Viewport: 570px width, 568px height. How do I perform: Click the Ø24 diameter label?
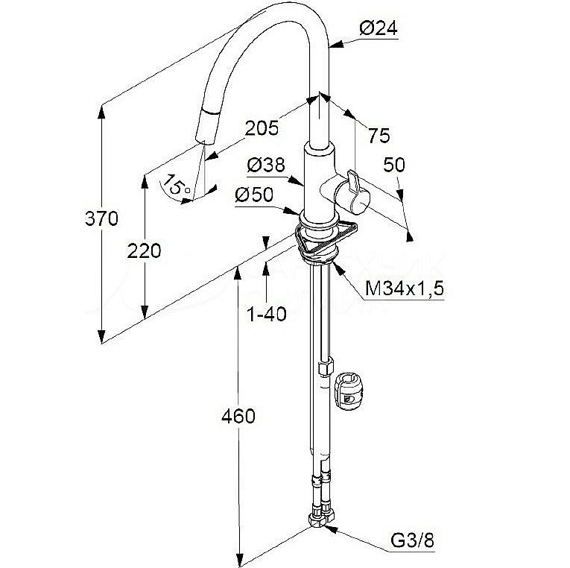[x=378, y=29]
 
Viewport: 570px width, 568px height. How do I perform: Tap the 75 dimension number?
[x=379, y=135]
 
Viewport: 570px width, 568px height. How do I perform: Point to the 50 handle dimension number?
[x=394, y=164]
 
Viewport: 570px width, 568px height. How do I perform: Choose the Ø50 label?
[x=254, y=195]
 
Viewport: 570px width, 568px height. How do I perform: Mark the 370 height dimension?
[x=101, y=219]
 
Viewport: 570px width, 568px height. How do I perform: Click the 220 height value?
[x=145, y=250]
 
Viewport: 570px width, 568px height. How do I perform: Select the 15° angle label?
[x=177, y=185]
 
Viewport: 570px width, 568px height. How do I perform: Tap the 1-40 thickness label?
[x=266, y=314]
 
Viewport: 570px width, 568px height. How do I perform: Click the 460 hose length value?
[x=238, y=416]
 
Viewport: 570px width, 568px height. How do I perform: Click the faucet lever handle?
[x=351, y=189]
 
